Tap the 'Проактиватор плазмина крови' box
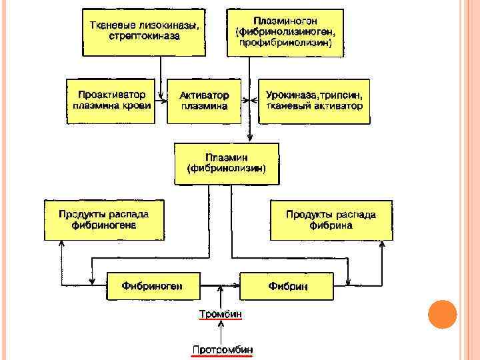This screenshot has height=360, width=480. point(111,101)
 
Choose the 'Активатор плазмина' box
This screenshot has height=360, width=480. point(203,101)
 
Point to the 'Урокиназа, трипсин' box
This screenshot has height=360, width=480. point(313,101)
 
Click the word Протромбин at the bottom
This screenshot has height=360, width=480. point(222,349)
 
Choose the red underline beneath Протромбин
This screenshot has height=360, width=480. point(222,356)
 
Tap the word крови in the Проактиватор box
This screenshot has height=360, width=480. point(137,105)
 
